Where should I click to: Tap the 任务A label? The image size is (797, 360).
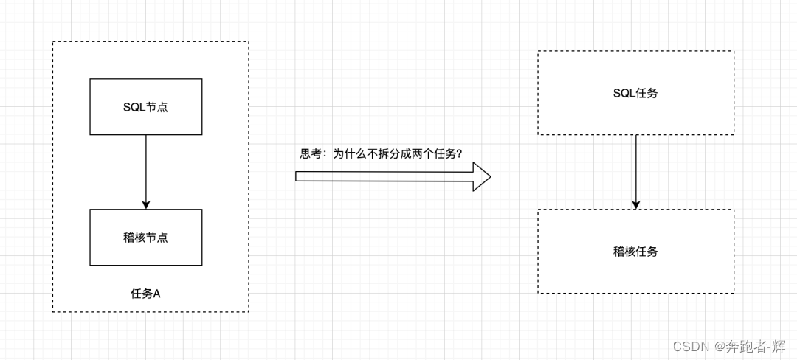tap(145, 294)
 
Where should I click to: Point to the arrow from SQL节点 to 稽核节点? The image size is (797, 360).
tap(146, 170)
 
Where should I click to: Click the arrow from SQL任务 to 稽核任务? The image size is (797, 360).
tap(635, 170)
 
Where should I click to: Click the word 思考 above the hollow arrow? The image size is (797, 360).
tap(310, 153)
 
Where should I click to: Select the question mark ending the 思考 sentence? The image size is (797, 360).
tap(459, 153)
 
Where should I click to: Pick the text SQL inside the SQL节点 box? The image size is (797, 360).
tap(134, 107)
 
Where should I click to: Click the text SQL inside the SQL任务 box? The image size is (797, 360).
tap(624, 93)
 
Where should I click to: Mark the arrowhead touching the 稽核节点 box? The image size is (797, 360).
tap(146, 204)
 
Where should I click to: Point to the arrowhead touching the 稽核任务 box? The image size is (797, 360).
tap(635, 204)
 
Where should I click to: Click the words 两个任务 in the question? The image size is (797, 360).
tap(430, 153)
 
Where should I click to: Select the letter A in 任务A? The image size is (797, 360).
tap(156, 294)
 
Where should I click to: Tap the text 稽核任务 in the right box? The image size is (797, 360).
tap(635, 252)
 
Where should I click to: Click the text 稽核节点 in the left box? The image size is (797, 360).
tap(145, 238)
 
